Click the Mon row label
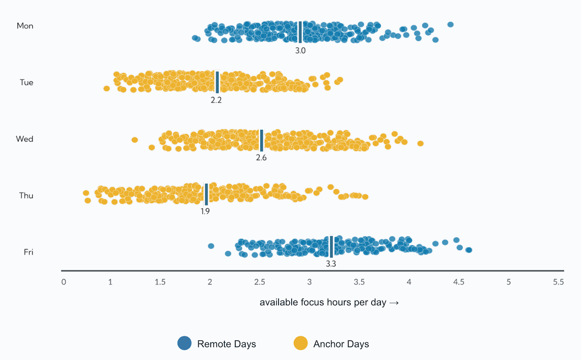[25, 26]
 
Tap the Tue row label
[27, 82]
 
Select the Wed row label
[25, 139]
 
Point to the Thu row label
[26, 196]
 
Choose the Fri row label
[28, 252]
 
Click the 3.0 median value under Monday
[300, 51]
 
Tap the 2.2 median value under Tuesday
[216, 100]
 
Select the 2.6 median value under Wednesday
[261, 158]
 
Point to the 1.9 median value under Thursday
[205, 211]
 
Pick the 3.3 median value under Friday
[331, 264]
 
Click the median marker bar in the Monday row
[300, 32]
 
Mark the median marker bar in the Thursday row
[206, 194]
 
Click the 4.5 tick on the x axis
[459, 282]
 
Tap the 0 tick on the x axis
[64, 282]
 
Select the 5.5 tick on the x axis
[558, 282]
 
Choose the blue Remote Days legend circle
[184, 343]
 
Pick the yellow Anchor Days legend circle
[301, 343]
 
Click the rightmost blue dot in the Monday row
[450, 25]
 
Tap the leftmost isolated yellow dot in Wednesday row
[135, 140]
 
